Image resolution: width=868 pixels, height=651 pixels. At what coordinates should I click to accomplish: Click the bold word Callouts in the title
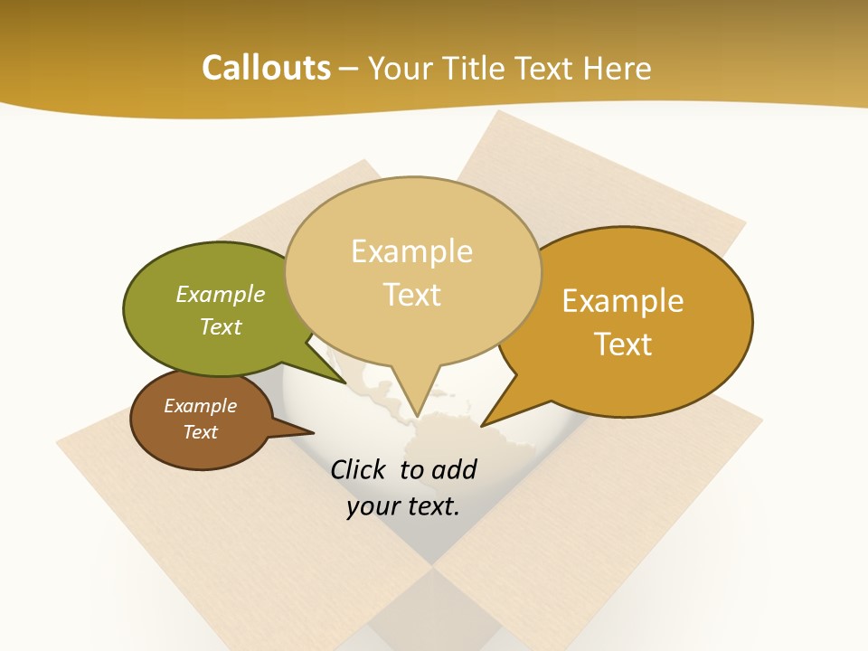[266, 68]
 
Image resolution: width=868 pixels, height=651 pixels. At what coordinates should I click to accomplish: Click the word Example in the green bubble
[221, 294]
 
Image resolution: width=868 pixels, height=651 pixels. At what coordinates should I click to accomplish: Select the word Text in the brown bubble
[200, 432]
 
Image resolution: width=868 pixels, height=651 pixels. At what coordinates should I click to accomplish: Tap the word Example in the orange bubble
[623, 300]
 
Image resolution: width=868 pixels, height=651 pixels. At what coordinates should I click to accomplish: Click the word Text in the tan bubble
[412, 295]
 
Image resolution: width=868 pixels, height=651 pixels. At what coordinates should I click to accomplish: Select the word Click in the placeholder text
[359, 469]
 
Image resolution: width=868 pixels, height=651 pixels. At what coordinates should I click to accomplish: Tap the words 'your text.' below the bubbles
[402, 506]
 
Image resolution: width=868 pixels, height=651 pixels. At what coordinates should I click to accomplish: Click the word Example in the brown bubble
[200, 406]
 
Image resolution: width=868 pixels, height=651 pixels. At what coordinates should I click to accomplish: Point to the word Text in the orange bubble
[623, 344]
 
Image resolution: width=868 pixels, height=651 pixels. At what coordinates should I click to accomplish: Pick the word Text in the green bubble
[221, 326]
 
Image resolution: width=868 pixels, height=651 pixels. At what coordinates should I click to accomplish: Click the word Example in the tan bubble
[412, 251]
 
